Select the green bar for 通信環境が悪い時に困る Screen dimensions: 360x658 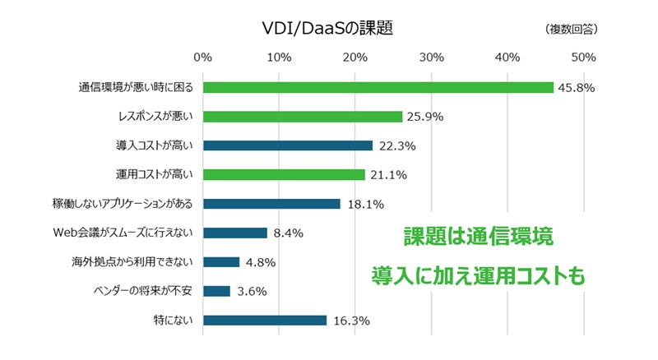(378, 87)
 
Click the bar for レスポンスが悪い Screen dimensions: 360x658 (302, 117)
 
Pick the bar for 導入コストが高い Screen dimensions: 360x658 (288, 145)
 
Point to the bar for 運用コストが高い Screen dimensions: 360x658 (284, 174)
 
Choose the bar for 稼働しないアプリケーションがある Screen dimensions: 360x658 (271, 204)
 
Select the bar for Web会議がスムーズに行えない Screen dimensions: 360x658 (235, 233)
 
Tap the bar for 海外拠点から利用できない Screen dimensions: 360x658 (221, 262)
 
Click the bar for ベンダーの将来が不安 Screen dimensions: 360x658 (216, 291)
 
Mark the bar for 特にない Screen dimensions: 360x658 (265, 321)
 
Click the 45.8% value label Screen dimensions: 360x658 (576, 87)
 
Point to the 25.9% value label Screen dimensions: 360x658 (424, 117)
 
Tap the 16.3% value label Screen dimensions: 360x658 (350, 321)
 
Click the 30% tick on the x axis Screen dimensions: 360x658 (431, 58)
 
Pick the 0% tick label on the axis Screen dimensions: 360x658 (202, 58)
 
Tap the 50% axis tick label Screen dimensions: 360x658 (583, 58)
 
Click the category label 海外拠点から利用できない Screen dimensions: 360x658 (132, 262)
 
